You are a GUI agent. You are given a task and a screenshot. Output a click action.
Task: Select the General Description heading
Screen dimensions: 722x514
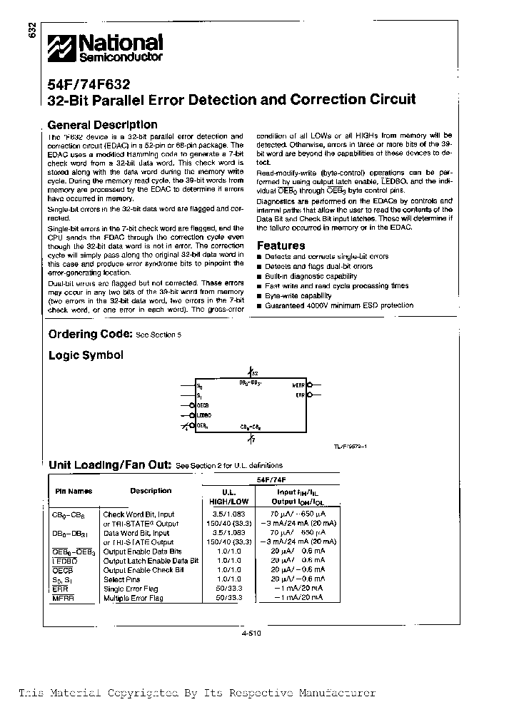pos(102,125)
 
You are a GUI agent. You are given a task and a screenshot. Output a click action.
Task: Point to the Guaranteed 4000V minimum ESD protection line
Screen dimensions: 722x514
pos(338,305)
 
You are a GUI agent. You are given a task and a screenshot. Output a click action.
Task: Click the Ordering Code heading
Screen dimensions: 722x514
pos(90,335)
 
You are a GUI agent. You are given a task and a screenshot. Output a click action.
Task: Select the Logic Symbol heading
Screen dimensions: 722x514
pos(86,355)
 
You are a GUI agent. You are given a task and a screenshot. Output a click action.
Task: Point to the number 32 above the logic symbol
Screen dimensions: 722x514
pos(255,374)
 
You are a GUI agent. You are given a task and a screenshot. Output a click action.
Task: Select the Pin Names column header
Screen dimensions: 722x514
pos(74,492)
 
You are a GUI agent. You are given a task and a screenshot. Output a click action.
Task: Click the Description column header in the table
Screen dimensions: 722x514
pos(151,491)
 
